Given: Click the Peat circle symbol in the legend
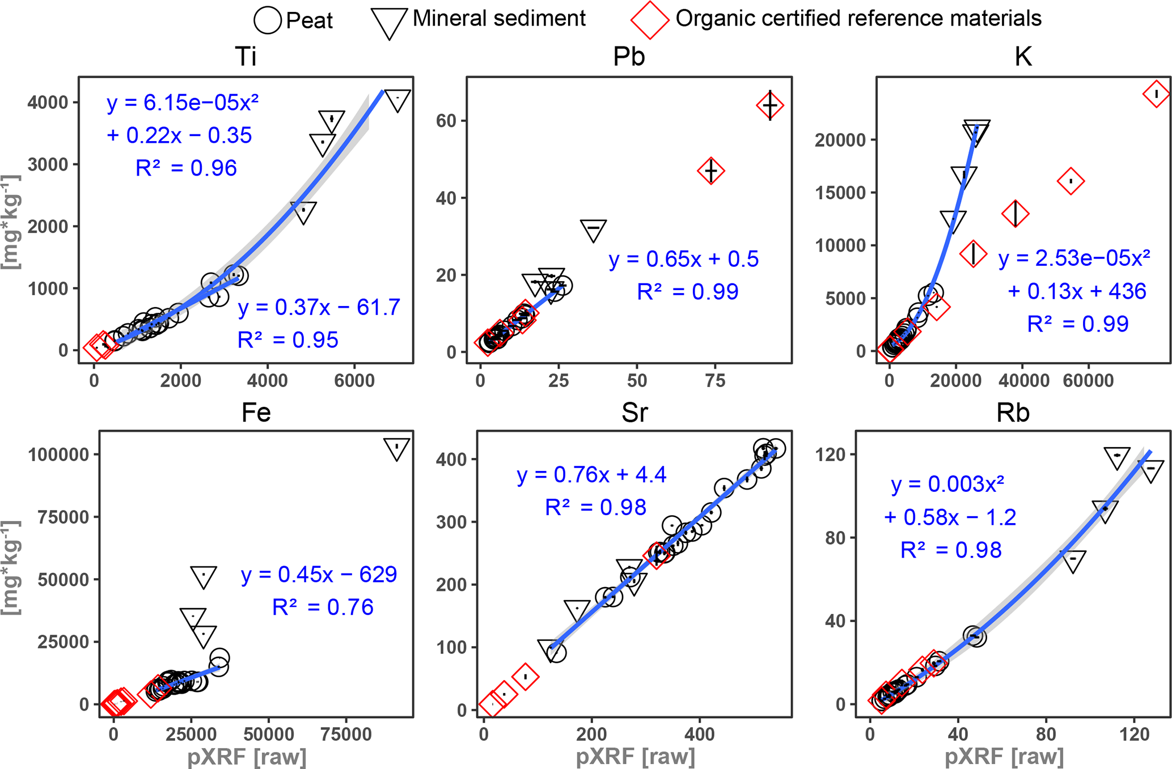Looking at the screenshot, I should [267, 20].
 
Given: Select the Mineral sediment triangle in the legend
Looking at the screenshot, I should [389, 22].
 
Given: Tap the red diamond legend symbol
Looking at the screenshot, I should [649, 20].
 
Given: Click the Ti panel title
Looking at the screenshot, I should [246, 57].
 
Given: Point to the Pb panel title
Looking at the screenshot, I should [629, 57].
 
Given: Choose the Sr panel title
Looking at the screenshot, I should [634, 413].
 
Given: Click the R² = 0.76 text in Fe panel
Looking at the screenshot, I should [323, 607].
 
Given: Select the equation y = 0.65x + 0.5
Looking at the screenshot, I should [683, 259].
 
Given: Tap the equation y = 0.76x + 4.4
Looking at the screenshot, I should [591, 474].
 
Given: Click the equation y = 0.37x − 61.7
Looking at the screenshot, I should [319, 307].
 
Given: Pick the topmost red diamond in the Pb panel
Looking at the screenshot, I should [770, 105].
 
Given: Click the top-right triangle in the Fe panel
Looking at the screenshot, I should [396, 448].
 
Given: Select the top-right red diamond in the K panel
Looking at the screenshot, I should [1156, 94].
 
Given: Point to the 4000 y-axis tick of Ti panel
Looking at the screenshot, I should [48, 103].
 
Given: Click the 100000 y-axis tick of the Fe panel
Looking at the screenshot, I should [58, 454].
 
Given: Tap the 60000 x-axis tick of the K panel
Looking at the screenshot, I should [1088, 381].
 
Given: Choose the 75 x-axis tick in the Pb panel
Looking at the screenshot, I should [715, 381].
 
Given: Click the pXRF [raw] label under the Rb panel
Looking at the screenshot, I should [1004, 757].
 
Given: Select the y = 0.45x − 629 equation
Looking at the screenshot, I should [319, 575].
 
